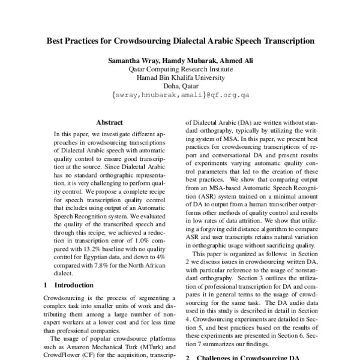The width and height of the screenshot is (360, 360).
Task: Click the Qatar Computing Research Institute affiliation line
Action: [181, 70]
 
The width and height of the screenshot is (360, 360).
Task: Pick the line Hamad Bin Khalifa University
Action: [181, 78]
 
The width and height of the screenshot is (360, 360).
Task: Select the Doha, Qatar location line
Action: [181, 86]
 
